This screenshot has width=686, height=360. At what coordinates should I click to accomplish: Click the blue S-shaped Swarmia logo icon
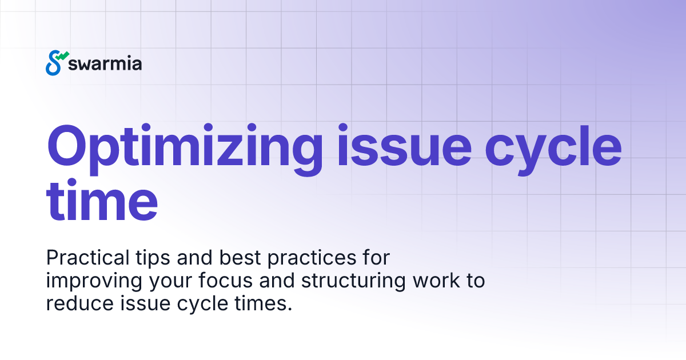tap(55, 63)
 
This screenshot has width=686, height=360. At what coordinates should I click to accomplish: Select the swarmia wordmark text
tap(105, 63)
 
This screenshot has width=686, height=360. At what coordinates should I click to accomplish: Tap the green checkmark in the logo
tap(63, 56)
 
